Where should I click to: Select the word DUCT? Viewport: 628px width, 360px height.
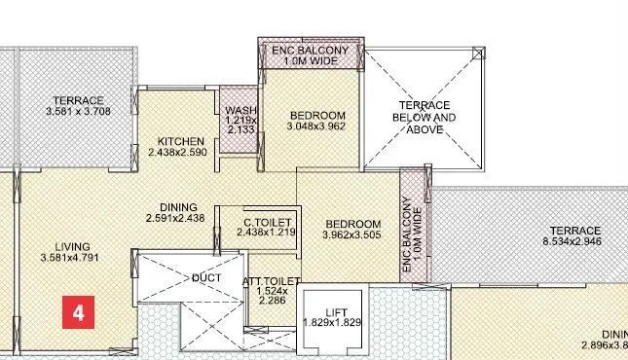(206, 278)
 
